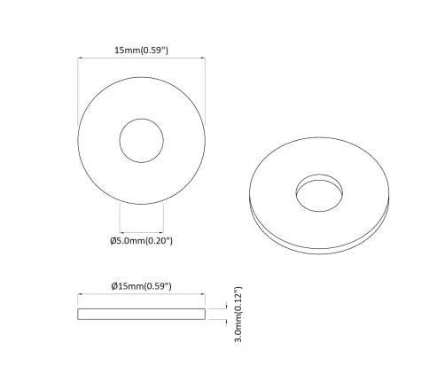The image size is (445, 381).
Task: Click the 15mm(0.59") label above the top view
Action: [142, 51]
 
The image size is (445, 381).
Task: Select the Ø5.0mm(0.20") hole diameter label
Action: [142, 239]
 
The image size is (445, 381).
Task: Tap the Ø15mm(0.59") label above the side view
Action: [141, 286]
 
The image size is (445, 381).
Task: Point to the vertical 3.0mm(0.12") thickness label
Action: [238, 315]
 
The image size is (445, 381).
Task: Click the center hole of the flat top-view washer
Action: [142, 141]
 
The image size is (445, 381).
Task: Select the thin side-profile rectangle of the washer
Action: [142, 315]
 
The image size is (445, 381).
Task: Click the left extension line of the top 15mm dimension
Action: [78, 89]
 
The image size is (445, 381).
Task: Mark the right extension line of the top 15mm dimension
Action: [206, 89]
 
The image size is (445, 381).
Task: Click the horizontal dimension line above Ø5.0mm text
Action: [142, 228]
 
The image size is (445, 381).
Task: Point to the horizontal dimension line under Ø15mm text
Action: [142, 297]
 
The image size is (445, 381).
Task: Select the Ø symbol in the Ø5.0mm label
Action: [113, 239]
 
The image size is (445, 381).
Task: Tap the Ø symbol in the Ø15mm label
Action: [115, 286]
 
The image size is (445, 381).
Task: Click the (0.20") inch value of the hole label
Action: [158, 239]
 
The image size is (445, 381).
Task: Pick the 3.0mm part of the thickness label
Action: [238, 331]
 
